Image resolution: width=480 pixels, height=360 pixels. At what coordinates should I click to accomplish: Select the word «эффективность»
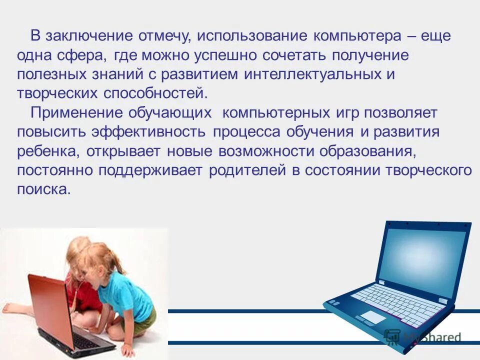point(148,132)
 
